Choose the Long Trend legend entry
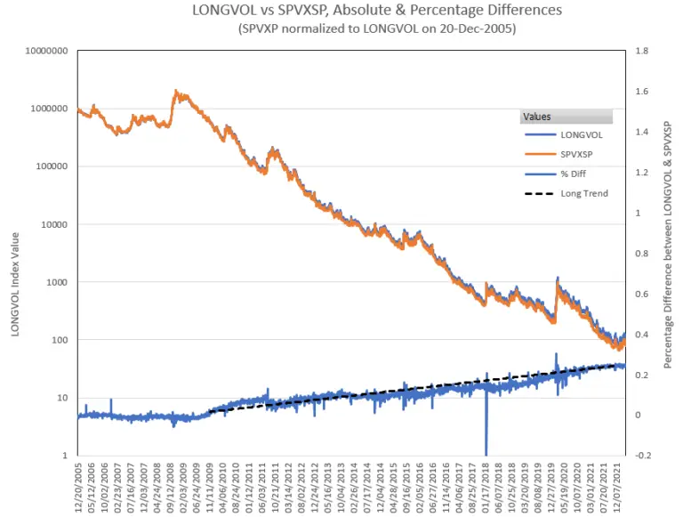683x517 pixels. [583, 193]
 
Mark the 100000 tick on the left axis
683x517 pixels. [50, 166]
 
